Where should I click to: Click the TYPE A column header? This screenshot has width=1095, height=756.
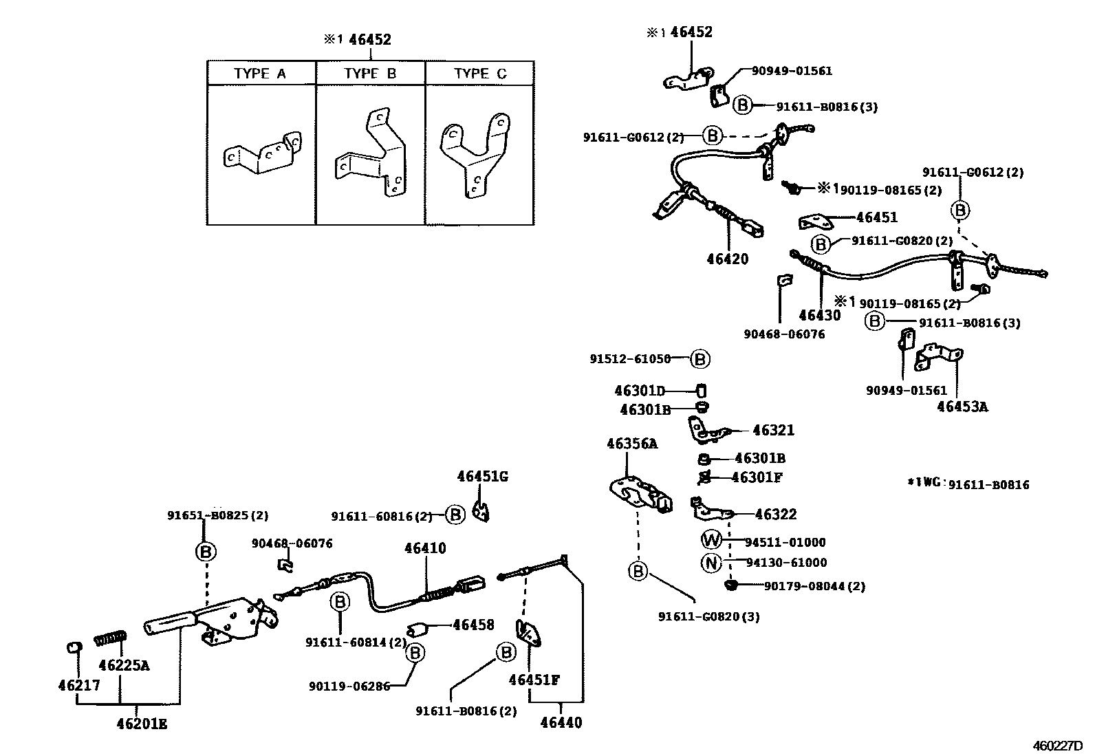(260, 74)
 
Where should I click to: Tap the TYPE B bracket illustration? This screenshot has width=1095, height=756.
(371, 155)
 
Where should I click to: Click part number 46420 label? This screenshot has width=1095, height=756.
(728, 259)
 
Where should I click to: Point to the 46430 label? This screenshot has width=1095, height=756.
(819, 316)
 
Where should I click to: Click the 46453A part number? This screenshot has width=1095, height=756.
(962, 407)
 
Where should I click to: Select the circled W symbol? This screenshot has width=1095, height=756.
(711, 541)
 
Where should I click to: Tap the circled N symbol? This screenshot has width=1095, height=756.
(711, 563)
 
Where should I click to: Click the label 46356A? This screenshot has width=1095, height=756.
(631, 444)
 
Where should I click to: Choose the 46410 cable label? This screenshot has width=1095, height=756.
(425, 548)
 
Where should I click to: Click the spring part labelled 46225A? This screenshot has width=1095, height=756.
(109, 639)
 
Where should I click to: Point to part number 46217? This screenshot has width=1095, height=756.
(79, 685)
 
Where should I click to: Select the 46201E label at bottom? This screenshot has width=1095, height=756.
(142, 724)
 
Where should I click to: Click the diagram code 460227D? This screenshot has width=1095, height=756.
(1056, 746)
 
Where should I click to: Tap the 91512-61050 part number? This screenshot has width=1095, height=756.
(630, 359)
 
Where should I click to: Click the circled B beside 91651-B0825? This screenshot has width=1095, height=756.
(206, 551)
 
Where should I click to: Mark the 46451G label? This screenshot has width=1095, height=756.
(483, 476)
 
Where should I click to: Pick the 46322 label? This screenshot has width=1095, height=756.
(776, 514)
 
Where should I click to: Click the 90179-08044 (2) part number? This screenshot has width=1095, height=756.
(814, 586)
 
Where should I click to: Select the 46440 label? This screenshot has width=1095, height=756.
(561, 723)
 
